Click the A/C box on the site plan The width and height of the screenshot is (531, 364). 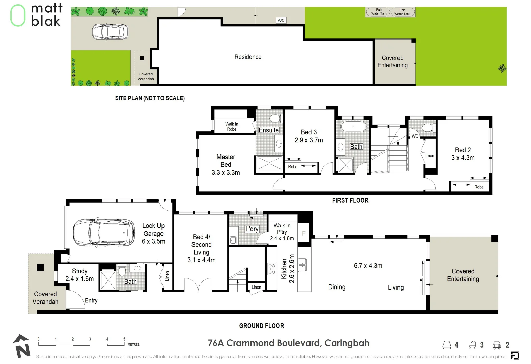pyautogui.click(x=281, y=20)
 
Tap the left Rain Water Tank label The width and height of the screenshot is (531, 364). pyautogui.click(x=379, y=12)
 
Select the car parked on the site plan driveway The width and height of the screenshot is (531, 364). pyautogui.click(x=110, y=32)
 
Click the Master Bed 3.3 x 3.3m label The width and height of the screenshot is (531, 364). pyautogui.click(x=226, y=164)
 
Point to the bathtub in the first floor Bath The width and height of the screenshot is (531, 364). pyautogui.click(x=353, y=127)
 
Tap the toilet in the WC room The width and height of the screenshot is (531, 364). pyautogui.click(x=427, y=128)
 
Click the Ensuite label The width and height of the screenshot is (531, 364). pyautogui.click(x=269, y=130)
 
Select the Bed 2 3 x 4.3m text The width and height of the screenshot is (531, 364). pyautogui.click(x=463, y=154)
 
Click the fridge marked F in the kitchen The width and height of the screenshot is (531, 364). pyautogui.click(x=304, y=233)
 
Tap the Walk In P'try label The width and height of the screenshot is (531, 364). pyautogui.click(x=282, y=232)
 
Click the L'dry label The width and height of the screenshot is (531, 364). pyautogui.click(x=252, y=229)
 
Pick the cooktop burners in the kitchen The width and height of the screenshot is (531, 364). pyautogui.click(x=272, y=269)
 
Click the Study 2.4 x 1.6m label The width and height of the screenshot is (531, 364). pyautogui.click(x=80, y=275)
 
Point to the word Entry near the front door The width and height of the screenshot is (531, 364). pyautogui.click(x=91, y=300)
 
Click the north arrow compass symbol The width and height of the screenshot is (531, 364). pyautogui.click(x=22, y=346)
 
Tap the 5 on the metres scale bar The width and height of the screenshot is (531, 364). pyautogui.click(x=124, y=339)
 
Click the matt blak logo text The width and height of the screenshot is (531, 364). pyautogui.click(x=47, y=15)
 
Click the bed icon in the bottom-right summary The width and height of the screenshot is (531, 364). pyautogui.click(x=447, y=345)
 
